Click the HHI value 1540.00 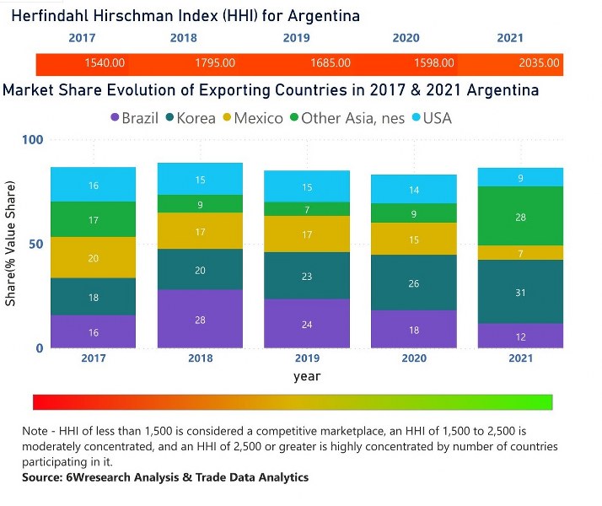point(105,63)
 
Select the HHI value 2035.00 point(539,63)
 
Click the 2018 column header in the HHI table point(183,38)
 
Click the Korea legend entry point(191,118)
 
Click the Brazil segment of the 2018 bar point(200,319)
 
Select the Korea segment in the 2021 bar point(521,292)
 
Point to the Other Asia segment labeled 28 point(521,217)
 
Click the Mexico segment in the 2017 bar point(94,258)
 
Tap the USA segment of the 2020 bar point(414,190)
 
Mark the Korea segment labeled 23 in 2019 point(307,276)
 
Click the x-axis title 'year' point(307,376)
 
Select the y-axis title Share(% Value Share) point(12,245)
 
